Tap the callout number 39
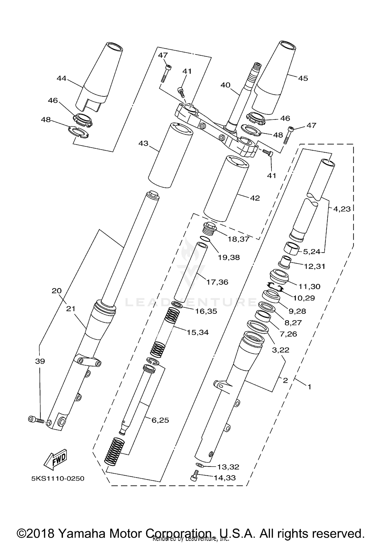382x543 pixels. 40,361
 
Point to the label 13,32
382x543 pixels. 228,467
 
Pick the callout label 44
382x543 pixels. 61,78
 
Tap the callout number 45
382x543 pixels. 303,78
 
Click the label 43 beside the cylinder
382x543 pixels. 143,143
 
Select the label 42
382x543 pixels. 255,198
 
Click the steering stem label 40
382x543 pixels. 225,85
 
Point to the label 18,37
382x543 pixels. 238,239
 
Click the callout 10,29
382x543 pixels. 304,298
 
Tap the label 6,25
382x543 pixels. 160,420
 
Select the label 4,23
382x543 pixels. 342,209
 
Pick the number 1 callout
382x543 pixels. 309,387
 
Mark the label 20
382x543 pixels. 57,291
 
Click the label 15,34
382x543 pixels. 198,332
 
